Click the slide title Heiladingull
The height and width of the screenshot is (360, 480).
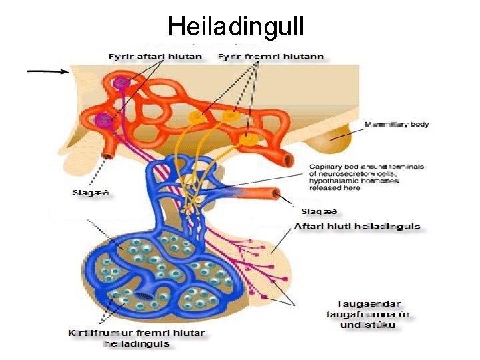[x=236, y=27]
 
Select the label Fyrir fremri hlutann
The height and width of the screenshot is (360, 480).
[x=271, y=57]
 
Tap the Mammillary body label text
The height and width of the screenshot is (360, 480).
[x=396, y=125]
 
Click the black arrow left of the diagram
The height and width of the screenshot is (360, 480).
[x=47, y=71]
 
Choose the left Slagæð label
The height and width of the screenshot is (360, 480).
[x=90, y=193]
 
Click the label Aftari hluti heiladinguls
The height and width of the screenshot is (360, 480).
[x=357, y=226]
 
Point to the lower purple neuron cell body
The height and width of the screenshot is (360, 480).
[x=104, y=120]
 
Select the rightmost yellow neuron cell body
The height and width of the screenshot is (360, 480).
[x=251, y=139]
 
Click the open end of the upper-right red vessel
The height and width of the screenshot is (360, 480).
[x=288, y=160]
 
